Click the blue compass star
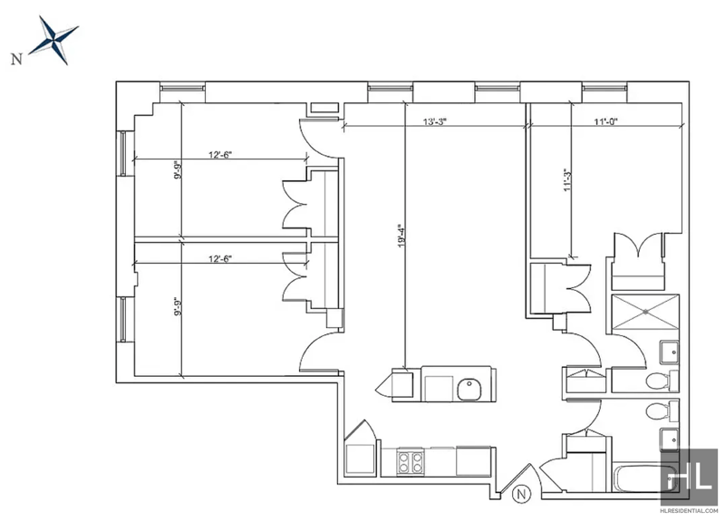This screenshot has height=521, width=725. point(54,40)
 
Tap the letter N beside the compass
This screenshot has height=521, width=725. point(16,59)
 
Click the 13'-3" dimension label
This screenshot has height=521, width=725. point(435,122)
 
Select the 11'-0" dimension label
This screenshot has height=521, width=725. point(606,122)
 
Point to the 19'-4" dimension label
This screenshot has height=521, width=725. point(401,236)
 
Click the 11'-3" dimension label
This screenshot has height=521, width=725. point(568,180)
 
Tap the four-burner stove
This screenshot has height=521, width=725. point(411,462)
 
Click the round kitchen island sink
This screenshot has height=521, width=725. point(469,390)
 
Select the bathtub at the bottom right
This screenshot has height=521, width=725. point(637,479)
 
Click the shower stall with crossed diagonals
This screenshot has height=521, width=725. point(645,313)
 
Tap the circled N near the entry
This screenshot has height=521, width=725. point(522,493)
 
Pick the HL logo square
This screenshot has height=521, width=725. point(689,477)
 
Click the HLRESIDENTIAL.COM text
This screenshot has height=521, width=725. point(689,511)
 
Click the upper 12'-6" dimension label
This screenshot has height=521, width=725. point(219,154)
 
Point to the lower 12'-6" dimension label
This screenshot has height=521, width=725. point(219,259)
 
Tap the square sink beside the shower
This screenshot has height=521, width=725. point(669,352)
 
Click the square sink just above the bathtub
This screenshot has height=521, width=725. point(669,439)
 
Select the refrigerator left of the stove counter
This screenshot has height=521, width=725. point(360,458)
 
